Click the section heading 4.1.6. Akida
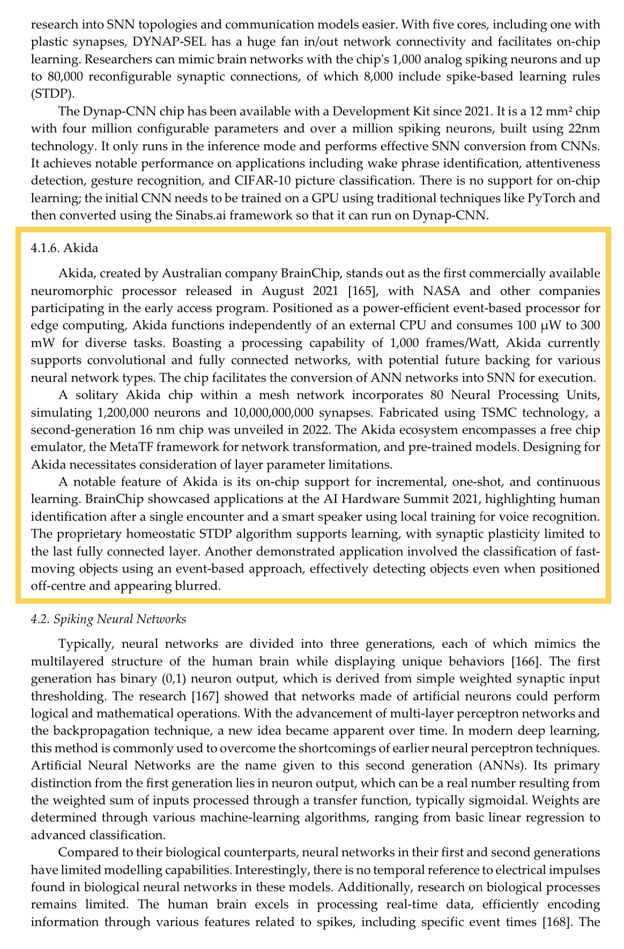(64, 248)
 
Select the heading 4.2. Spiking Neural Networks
(109, 619)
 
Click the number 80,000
(61, 77)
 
